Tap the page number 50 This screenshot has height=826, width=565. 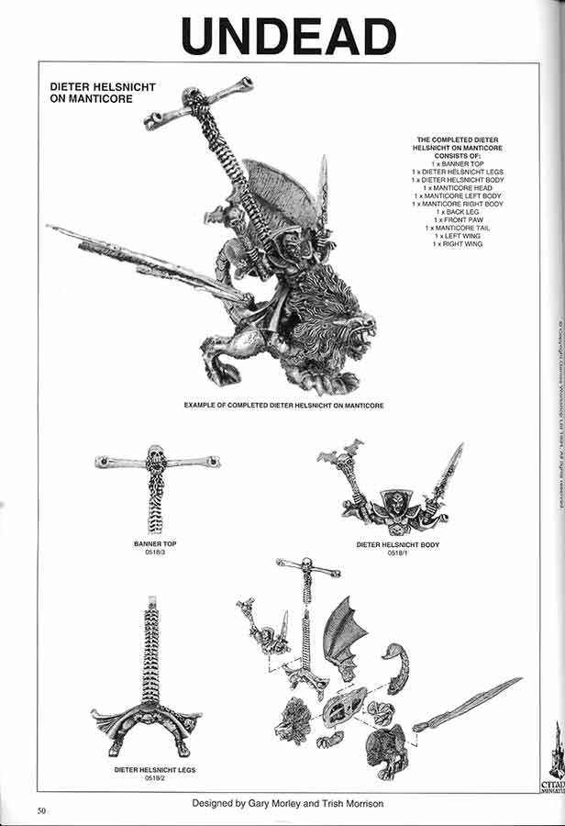pos(42,809)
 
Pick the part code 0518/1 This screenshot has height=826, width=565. pos(397,553)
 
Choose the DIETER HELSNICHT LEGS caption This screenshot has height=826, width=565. pos(152,769)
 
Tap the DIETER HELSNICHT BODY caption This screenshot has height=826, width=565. pos(397,545)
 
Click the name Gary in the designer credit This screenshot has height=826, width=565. pos(249,803)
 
